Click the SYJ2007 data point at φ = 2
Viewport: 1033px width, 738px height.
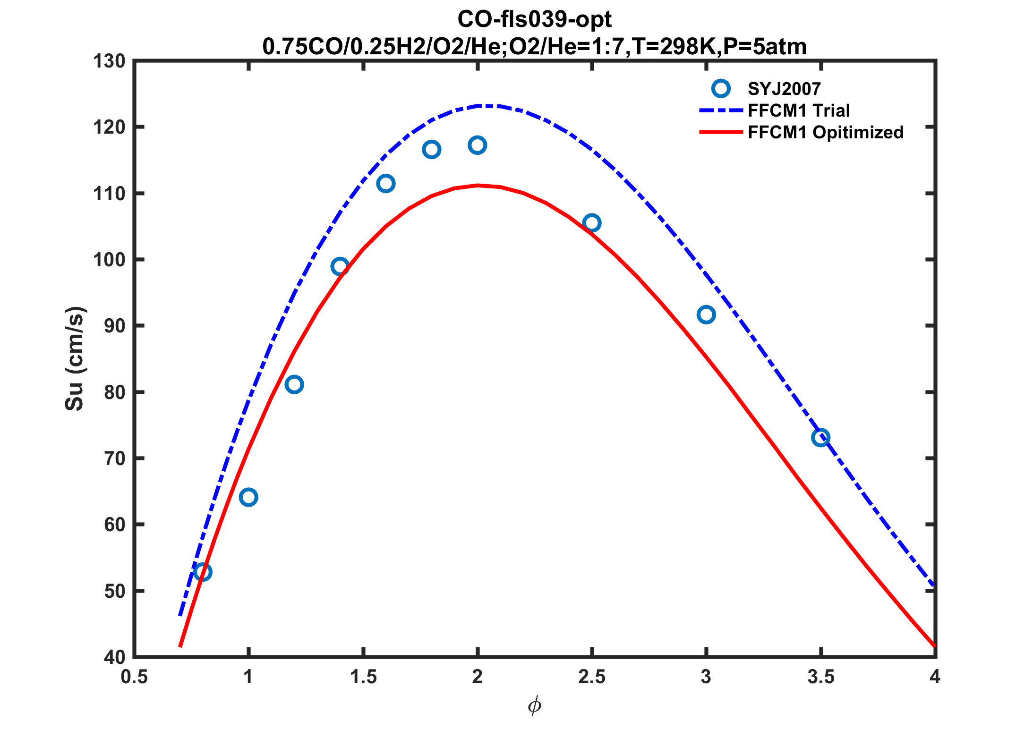[478, 145]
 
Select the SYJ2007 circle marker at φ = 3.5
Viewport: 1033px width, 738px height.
[821, 438]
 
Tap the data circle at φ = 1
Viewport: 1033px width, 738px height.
[248, 497]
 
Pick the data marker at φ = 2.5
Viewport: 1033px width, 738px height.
[592, 223]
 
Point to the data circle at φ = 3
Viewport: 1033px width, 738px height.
[706, 314]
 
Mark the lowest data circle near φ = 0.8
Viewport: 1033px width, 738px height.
[203, 572]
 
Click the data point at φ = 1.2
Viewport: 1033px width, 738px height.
[294, 385]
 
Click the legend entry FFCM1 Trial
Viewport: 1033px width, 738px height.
[799, 110]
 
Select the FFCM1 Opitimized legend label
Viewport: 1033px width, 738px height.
[826, 133]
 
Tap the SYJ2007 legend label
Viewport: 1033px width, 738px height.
[785, 89]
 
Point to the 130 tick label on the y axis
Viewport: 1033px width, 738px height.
[109, 61]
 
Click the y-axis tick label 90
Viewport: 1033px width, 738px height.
[115, 326]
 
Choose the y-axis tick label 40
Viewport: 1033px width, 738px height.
[115, 657]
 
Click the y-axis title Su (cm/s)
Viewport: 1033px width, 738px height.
[75, 359]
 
